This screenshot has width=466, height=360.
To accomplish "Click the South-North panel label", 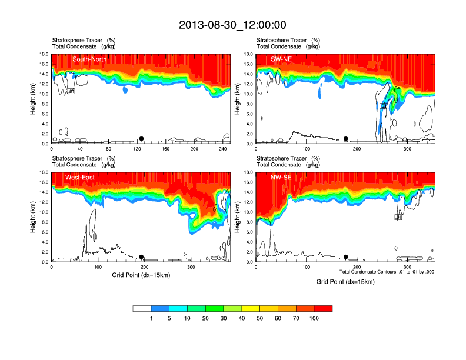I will pos(89,59).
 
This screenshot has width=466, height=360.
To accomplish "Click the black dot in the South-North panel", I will pos(141,139).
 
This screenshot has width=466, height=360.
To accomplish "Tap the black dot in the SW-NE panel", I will pos(346,139).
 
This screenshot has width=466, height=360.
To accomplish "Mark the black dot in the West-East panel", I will pos(141,257).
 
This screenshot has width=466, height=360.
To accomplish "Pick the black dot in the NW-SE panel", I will pos(346,257).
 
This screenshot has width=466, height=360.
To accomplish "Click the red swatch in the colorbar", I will pos(324,308).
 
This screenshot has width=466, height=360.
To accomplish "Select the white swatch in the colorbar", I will pos(142,308).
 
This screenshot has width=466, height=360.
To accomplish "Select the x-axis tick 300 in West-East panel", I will pos(191,267).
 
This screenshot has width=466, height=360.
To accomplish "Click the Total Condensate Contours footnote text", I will pos(387,272).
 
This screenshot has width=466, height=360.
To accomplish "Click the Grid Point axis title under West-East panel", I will pos(141,275).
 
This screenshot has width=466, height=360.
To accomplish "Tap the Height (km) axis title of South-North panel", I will pos(34,99).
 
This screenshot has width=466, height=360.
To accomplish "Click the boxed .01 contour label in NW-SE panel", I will pos(398,217).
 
